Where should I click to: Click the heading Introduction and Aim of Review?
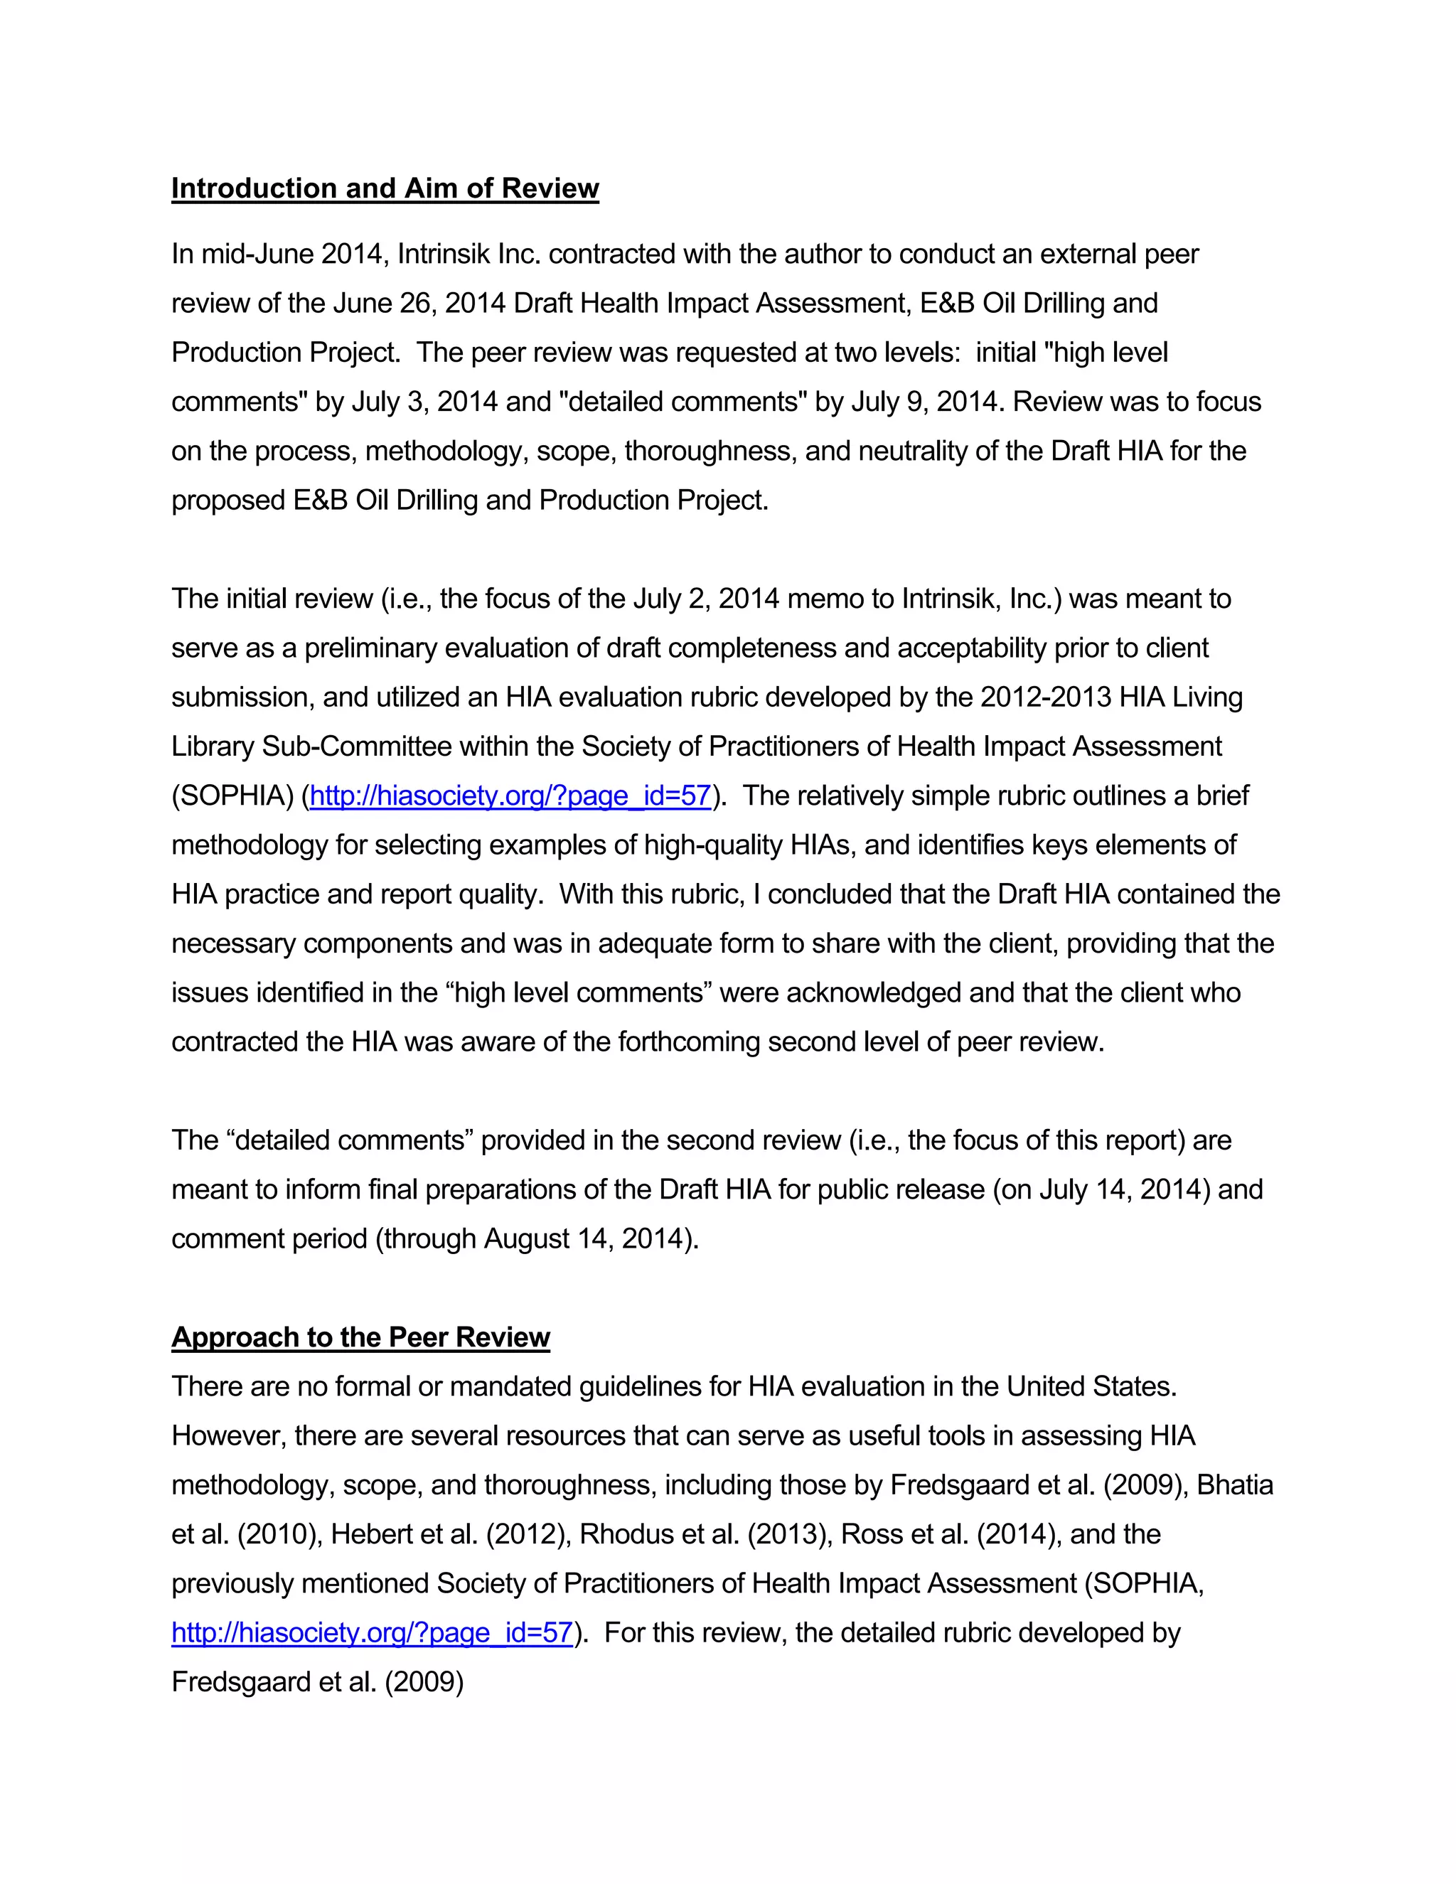[385, 188]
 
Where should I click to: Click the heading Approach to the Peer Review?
[360, 1337]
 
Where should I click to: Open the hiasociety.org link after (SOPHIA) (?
[510, 796]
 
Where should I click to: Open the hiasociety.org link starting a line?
[372, 1633]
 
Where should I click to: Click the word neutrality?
[958, 451]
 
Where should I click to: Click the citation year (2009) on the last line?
[424, 1682]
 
